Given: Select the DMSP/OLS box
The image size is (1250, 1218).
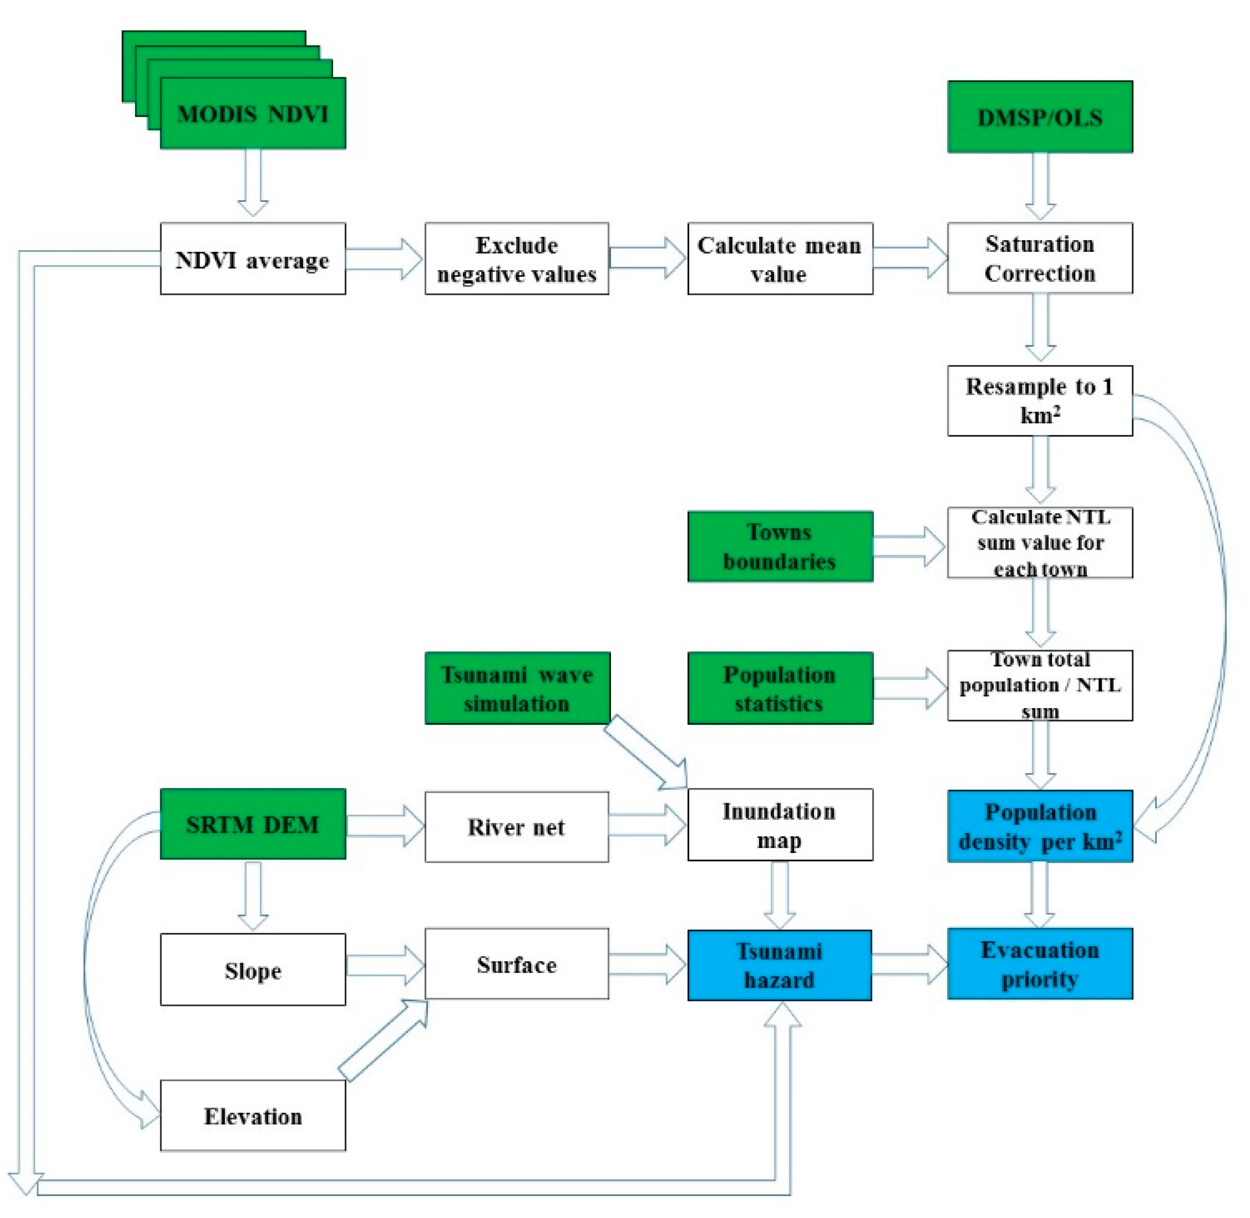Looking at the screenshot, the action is click(x=1040, y=116).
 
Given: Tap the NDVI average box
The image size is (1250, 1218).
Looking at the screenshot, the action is click(x=253, y=258).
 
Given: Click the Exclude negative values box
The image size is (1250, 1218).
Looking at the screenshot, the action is click(x=517, y=258).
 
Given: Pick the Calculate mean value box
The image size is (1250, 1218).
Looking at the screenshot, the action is click(x=780, y=258).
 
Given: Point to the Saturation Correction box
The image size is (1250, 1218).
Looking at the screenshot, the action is click(x=1040, y=258).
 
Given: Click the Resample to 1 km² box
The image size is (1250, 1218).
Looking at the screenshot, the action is click(x=1040, y=401).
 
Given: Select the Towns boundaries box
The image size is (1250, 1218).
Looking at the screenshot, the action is click(x=780, y=546).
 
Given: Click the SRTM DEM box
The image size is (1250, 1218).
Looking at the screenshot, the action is click(x=253, y=824).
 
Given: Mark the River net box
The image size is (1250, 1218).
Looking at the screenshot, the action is click(x=517, y=826).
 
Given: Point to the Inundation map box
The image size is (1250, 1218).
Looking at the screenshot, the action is click(x=780, y=824).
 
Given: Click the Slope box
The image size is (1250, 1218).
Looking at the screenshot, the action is click(x=253, y=970).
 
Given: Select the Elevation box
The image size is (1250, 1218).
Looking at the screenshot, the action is click(x=253, y=1116).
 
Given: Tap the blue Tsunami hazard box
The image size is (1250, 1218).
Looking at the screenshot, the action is click(x=780, y=965).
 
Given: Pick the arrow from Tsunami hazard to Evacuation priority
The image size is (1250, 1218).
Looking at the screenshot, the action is click(x=909, y=964).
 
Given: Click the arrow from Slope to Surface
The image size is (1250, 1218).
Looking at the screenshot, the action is click(x=385, y=966).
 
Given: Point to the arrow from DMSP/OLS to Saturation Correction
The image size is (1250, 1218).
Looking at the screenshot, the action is click(x=1040, y=186).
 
